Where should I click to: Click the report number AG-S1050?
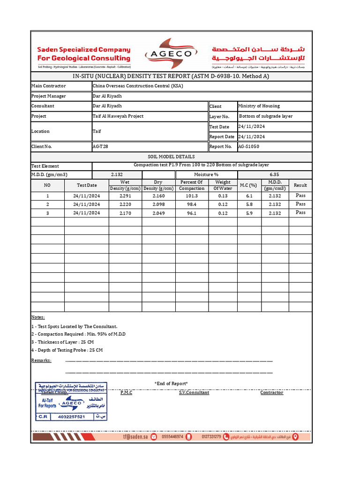pos(248,146)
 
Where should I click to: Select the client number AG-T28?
pos(100,146)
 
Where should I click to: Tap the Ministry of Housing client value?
pos(259,106)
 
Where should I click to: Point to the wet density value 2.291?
pos(125,196)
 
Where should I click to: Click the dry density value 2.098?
pos(158,204)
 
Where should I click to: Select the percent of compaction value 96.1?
pos(192,213)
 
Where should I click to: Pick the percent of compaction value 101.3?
pos(192,196)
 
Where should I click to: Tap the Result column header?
pos(300,185)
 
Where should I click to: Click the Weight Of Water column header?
pos(223,185)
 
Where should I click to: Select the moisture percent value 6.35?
pos(275,174)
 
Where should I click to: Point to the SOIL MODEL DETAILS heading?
pos(171,157)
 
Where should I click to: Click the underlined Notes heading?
pos(38,317)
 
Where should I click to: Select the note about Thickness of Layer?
pos(62,342)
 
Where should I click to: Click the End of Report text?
pos(171,383)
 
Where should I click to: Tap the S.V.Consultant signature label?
pos(194,392)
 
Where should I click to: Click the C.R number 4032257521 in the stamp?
pos(71,416)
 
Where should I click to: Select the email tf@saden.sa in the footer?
pos(135,436)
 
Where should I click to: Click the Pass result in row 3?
pos(300,212)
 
